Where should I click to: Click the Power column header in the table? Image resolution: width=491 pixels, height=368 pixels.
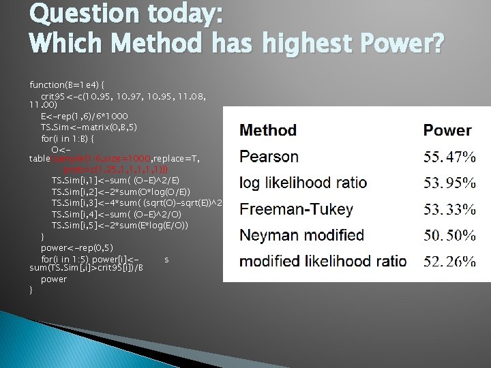447,130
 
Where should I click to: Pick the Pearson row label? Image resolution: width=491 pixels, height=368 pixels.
269,157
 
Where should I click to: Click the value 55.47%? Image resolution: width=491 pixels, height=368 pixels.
449,157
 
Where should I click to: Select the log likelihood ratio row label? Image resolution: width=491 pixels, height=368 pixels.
303,183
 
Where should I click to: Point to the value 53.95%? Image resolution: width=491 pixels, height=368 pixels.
449,183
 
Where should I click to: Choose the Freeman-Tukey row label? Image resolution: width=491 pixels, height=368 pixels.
296,209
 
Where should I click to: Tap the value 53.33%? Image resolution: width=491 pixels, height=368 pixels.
449,209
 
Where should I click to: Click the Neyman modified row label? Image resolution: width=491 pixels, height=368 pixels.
301,236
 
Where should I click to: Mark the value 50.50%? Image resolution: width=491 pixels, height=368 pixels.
449,236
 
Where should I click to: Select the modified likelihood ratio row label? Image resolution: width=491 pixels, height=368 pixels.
323,262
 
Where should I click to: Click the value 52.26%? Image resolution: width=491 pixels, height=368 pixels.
449,262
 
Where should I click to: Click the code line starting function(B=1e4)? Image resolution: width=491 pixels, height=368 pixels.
66,85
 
